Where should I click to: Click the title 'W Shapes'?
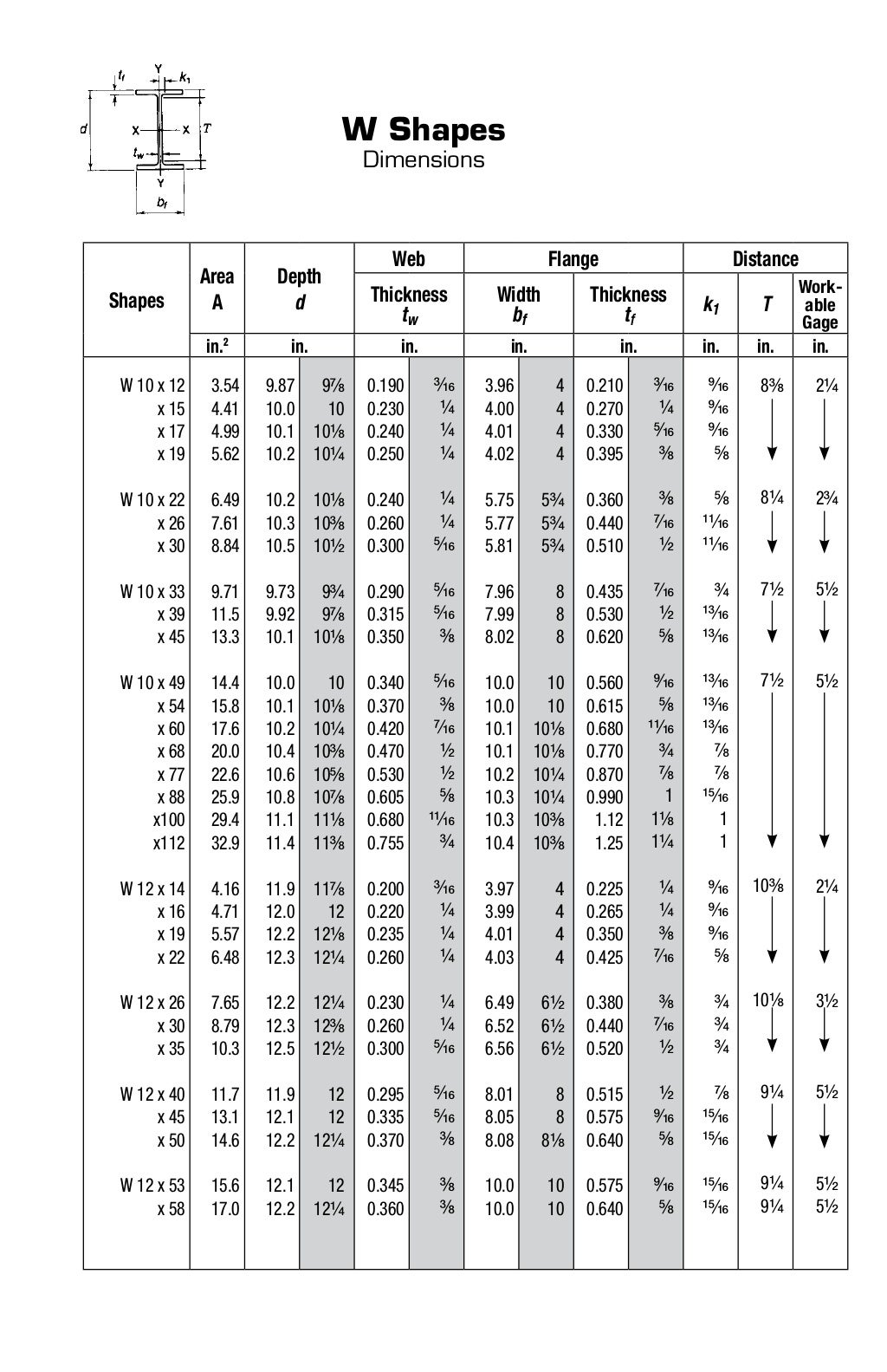click(424, 130)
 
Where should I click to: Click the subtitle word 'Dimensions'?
click(424, 159)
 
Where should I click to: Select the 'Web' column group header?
click(409, 258)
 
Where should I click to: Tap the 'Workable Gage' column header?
click(819, 304)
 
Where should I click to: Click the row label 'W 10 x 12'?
click(152, 387)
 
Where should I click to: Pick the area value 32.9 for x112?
click(225, 842)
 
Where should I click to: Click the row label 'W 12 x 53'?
click(152, 1186)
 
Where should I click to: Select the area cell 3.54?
click(225, 387)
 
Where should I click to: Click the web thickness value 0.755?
click(385, 842)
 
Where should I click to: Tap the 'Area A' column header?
click(217, 289)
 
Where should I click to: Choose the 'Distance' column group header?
click(765, 258)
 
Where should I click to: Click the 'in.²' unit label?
click(217, 347)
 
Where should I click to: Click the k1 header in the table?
click(710, 304)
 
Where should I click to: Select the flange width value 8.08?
click(500, 1141)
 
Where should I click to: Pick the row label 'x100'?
click(169, 820)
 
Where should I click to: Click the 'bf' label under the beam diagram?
click(161, 203)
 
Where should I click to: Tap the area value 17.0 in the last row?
click(225, 1208)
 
